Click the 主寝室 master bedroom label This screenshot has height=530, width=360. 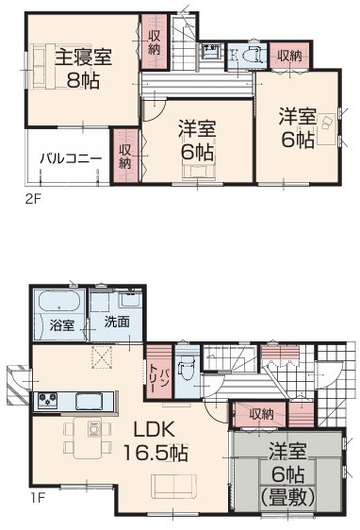pyautogui.click(x=83, y=57)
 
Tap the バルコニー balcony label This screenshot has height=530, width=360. pyautogui.click(x=71, y=158)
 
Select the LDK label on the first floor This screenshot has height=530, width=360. pyautogui.click(x=155, y=430)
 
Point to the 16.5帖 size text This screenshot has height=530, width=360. pyautogui.click(x=155, y=453)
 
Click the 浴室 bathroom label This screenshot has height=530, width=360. pyautogui.click(x=62, y=325)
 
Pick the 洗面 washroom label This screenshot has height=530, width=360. pyautogui.click(x=117, y=322)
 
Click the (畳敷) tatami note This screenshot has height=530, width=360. pyautogui.click(x=288, y=497)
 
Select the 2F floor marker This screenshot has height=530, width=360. pyautogui.click(x=33, y=198)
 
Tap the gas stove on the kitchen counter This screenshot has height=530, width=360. pyautogui.click(x=47, y=400)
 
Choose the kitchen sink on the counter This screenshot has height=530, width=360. pyautogui.click(x=89, y=401)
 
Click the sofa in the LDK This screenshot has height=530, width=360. pyautogui.click(x=173, y=486)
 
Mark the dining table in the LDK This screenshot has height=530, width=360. pyautogui.click(x=88, y=439)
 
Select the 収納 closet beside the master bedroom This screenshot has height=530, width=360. pyautogui.click(x=154, y=41)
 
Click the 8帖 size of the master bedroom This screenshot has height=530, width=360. pyautogui.click(x=83, y=80)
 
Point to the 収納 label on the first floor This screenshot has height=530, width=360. pyautogui.click(x=261, y=414)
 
